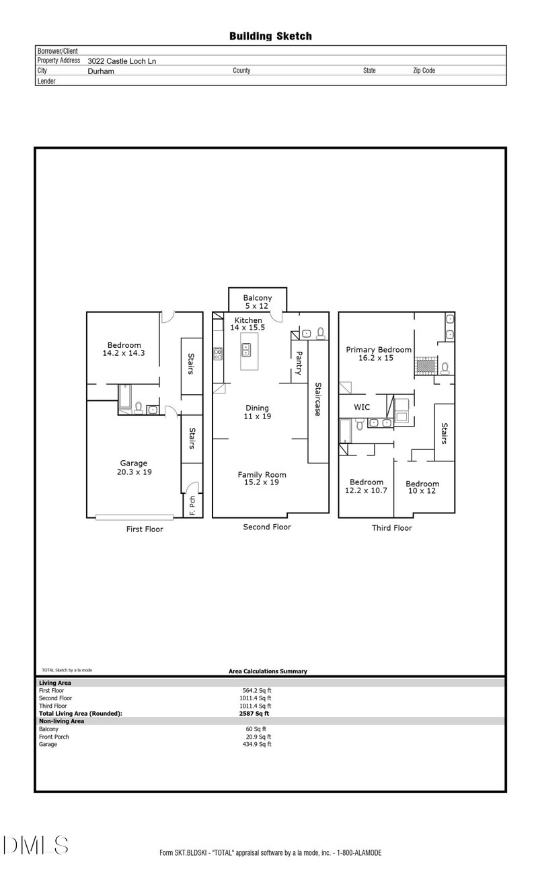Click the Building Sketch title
coord(270,36)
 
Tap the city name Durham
coord(101,71)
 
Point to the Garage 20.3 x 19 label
coord(134,468)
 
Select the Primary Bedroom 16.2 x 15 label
coord(379,354)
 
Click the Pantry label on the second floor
coord(299,363)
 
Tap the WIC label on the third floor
coord(362,407)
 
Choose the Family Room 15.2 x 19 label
coord(258,478)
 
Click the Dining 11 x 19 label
coord(257,412)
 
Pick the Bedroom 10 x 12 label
coord(422,488)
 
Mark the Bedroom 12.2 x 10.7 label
coord(367,486)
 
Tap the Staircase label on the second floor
coord(315,400)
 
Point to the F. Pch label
coord(192,506)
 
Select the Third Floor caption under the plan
coord(392,528)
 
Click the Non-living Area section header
coord(62,721)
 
